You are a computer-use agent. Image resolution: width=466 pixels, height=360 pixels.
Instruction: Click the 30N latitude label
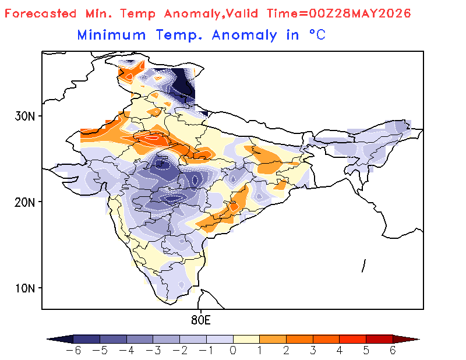click(24, 116)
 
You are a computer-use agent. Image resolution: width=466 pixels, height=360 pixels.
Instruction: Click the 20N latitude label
click(24, 203)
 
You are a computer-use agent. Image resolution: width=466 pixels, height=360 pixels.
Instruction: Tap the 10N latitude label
click(24, 288)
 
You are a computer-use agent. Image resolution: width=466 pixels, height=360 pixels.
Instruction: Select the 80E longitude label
click(201, 320)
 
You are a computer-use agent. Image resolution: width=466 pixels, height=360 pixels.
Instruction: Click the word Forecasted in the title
click(40, 13)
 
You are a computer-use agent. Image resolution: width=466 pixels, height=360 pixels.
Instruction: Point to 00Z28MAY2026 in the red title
click(359, 13)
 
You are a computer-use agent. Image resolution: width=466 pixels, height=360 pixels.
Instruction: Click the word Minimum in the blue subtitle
click(111, 35)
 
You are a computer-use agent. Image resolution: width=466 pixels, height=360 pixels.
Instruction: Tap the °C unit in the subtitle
click(317, 35)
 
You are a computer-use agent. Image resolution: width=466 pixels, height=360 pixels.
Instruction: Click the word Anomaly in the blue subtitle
click(244, 36)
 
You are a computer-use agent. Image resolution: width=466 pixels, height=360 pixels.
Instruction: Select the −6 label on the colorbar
click(73, 351)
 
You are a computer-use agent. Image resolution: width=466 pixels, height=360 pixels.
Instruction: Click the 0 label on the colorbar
click(233, 351)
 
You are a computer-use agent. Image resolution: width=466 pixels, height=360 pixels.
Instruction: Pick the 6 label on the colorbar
click(393, 351)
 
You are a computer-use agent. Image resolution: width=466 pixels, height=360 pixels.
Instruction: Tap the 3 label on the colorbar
click(313, 351)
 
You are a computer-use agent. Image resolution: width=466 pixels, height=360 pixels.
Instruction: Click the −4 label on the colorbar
click(126, 351)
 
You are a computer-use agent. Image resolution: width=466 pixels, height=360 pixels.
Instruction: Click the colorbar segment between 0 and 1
click(246, 339)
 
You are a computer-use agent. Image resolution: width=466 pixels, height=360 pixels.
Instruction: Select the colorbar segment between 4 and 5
click(353, 339)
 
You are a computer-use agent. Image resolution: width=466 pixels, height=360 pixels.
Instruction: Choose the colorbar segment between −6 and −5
click(86, 339)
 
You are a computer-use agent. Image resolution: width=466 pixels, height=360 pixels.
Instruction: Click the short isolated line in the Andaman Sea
click(363, 266)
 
